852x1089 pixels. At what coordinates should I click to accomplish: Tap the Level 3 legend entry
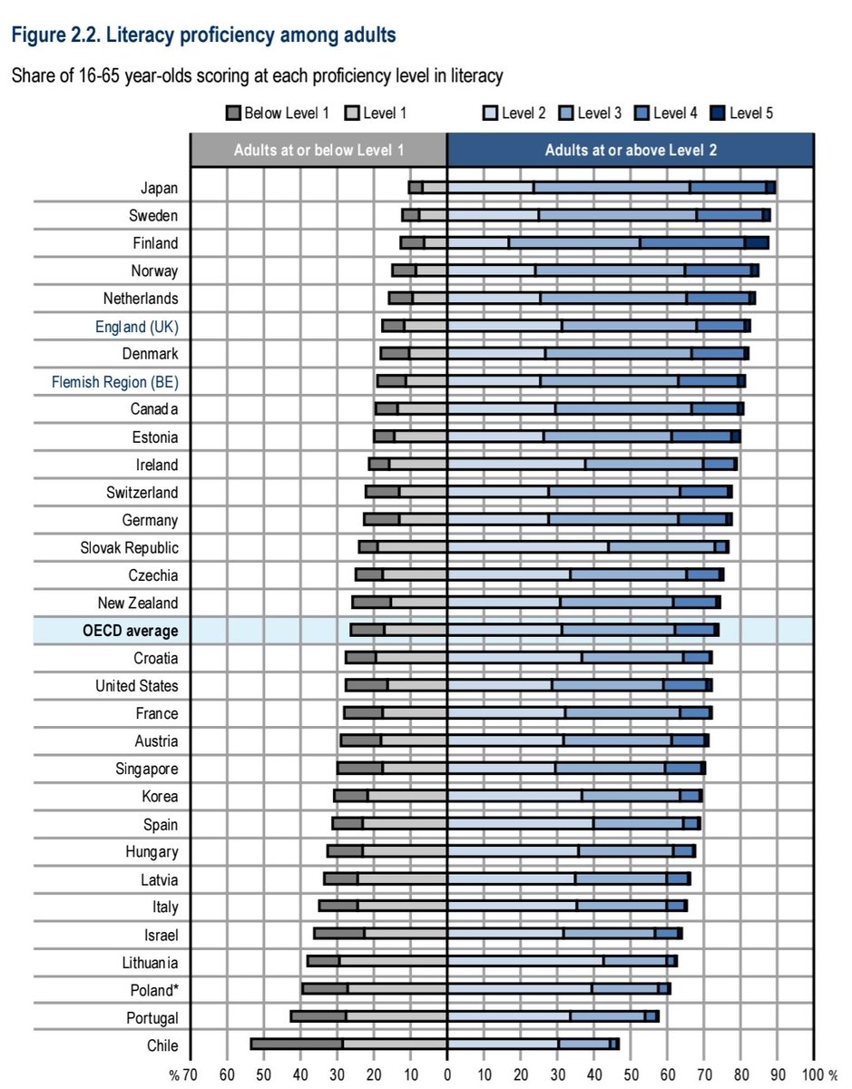click(600, 113)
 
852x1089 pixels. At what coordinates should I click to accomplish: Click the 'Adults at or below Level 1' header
click(318, 151)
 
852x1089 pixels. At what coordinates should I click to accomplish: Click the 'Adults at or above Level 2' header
click(631, 151)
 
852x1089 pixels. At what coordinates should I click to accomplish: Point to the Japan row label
click(159, 188)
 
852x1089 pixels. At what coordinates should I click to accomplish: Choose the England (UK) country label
click(137, 327)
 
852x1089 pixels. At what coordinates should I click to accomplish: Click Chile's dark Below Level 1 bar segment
click(296, 1045)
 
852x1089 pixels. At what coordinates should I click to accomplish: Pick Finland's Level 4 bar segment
click(692, 243)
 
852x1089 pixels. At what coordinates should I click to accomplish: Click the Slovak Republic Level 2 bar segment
click(527, 547)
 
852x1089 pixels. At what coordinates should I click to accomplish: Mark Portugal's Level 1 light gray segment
click(396, 1017)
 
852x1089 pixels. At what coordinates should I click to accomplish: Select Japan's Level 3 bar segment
click(611, 188)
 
